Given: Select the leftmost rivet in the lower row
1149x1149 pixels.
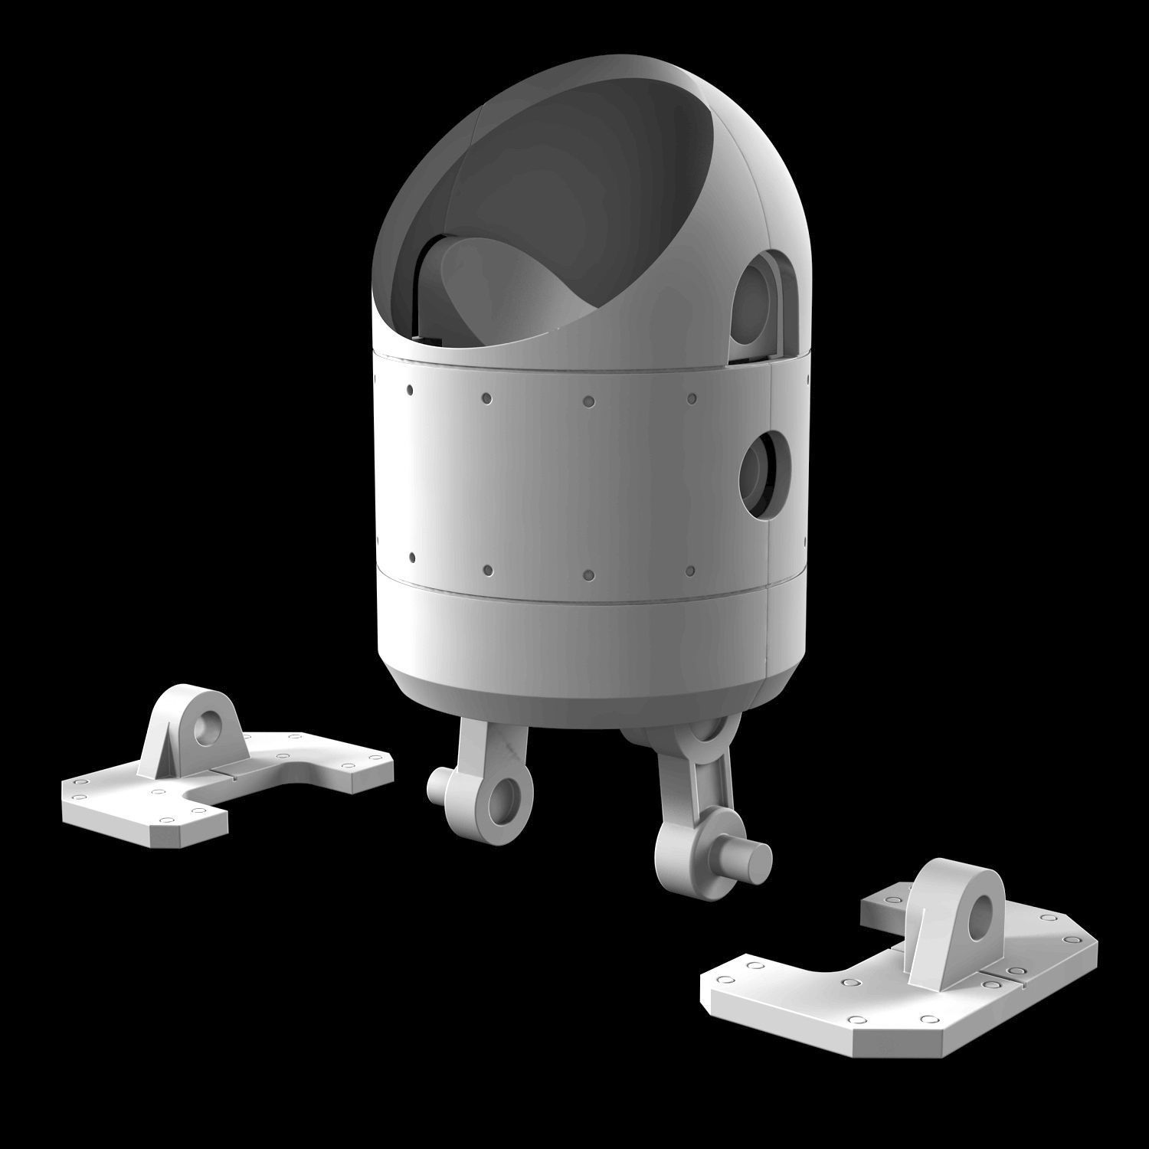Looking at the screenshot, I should [x=412, y=556].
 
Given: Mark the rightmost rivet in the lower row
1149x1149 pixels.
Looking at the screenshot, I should [x=691, y=571].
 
